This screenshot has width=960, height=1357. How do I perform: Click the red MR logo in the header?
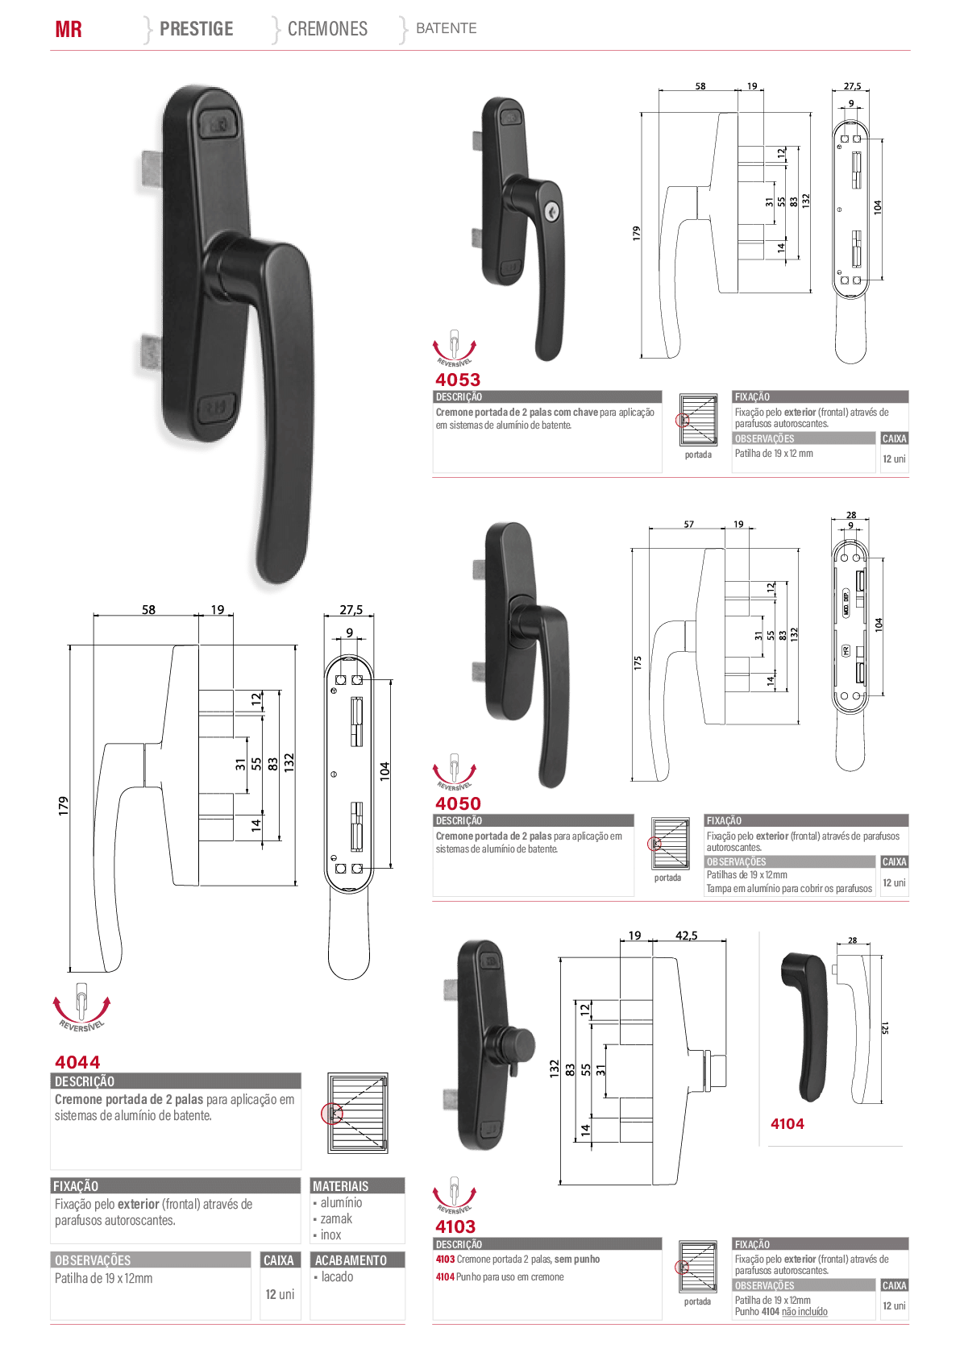(68, 29)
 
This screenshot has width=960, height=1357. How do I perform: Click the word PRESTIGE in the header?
(196, 28)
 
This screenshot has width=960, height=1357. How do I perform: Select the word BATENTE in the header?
(446, 28)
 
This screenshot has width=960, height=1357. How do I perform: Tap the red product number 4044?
(77, 1062)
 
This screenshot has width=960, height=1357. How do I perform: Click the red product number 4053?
(458, 380)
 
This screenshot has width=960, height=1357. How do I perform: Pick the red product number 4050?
(458, 803)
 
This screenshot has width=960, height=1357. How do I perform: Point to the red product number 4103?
(455, 1226)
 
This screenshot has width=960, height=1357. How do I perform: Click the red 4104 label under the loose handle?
(787, 1124)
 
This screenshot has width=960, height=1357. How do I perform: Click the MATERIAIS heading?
(340, 1186)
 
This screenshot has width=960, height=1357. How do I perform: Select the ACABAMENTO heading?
(351, 1260)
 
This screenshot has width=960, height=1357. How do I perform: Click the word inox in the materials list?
(330, 1235)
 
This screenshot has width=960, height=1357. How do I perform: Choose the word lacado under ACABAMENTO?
(337, 1276)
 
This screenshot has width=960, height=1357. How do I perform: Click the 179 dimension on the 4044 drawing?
(63, 806)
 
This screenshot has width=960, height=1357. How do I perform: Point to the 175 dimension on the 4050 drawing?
(637, 662)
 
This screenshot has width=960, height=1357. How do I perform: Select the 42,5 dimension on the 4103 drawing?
(686, 936)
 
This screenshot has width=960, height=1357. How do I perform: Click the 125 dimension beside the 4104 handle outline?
(885, 1027)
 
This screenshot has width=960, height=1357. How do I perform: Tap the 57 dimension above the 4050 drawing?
(688, 524)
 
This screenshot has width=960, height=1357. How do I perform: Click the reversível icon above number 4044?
(81, 1006)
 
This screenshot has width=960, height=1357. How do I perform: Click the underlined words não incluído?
(804, 1312)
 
